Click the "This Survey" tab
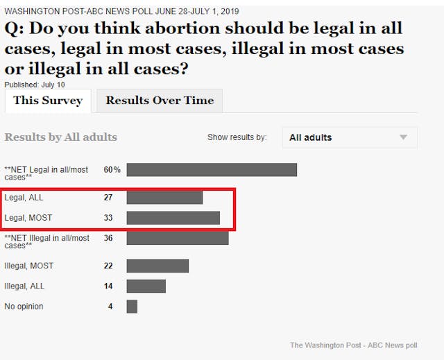[x=47, y=101]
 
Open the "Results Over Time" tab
[x=160, y=101]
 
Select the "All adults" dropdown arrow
[x=403, y=137]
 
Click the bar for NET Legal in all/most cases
[x=212, y=170]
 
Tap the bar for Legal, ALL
[x=164, y=198]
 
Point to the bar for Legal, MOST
[x=173, y=218]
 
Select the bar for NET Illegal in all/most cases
[x=178, y=238]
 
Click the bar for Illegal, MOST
[x=157, y=266]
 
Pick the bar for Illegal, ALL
[x=146, y=286]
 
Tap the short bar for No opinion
[x=132, y=306]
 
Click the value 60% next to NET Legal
[x=112, y=170]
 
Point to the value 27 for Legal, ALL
[x=108, y=198]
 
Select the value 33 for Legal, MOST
[x=108, y=218]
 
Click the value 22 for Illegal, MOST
[x=108, y=266]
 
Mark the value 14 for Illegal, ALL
[x=108, y=286]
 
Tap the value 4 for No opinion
[x=110, y=306]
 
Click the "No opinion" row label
[x=24, y=306]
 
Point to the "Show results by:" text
[x=237, y=137]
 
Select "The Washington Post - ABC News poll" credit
[x=353, y=345]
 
